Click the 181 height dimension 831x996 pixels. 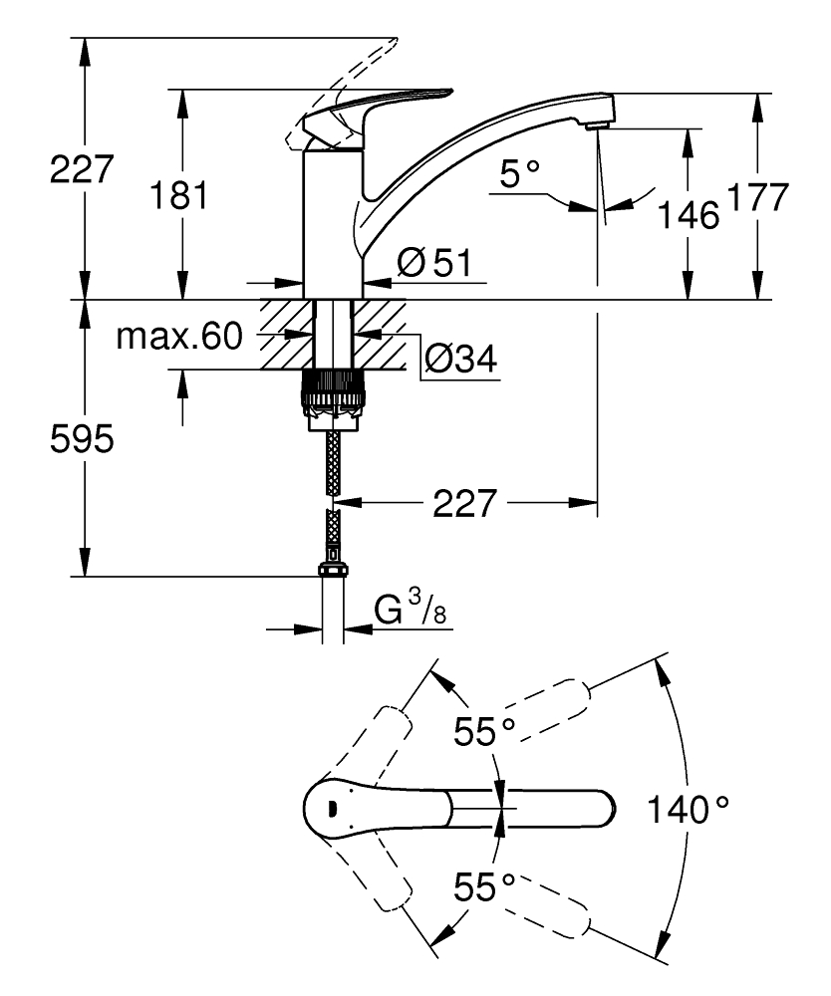point(180,195)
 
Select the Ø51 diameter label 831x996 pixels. point(433,264)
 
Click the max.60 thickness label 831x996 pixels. point(179,338)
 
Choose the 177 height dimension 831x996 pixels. point(757,196)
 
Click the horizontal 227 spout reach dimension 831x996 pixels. point(463,503)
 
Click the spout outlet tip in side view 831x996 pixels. point(596,124)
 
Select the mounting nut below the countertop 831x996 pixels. point(332,396)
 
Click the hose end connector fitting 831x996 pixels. point(332,571)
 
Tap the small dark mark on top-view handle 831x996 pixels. point(331,807)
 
